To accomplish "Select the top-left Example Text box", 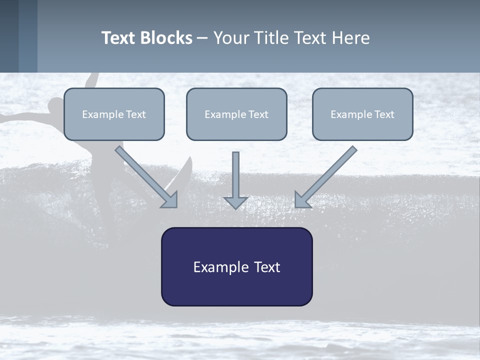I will [114, 114].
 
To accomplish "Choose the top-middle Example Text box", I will [236, 114].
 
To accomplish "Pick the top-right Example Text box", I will [362, 114].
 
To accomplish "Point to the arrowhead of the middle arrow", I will [235, 202].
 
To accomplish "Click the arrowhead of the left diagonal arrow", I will [170, 200].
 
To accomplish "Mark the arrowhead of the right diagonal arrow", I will [302, 200].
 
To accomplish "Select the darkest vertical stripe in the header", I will [9, 36].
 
